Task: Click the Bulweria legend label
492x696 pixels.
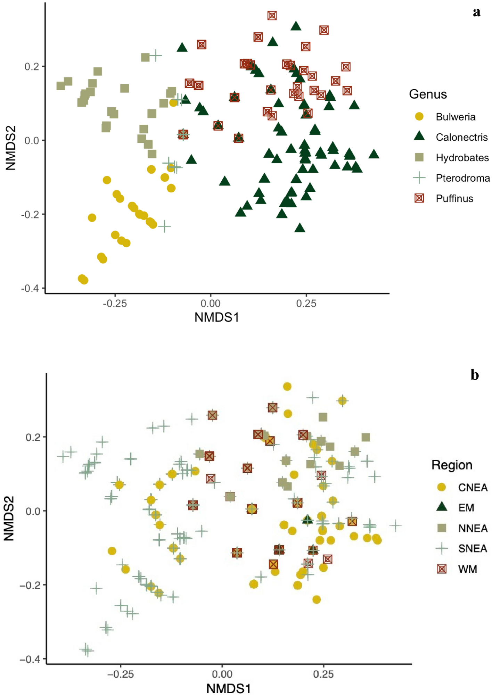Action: [x=455, y=117]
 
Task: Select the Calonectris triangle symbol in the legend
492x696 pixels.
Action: [x=419, y=136]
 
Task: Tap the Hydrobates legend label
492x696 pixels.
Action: [x=462, y=158]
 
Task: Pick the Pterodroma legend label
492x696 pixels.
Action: [x=463, y=178]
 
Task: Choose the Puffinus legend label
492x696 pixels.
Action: [x=454, y=199]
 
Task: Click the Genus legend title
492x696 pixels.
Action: [x=428, y=94]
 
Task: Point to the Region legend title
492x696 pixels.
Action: [x=452, y=465]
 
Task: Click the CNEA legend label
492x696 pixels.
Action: [x=473, y=488]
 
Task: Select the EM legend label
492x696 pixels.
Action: [x=466, y=508]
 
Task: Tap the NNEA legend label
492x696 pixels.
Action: [x=473, y=528]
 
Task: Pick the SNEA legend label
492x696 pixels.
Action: [x=472, y=549]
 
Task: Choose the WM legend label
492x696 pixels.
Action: [x=467, y=569]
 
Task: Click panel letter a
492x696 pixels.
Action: [x=477, y=13]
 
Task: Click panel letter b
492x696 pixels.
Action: [x=475, y=375]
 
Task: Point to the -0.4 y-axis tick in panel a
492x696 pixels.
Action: [x=30, y=288]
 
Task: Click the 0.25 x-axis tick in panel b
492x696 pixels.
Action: [x=323, y=674]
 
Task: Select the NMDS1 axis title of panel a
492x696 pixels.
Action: [x=217, y=317]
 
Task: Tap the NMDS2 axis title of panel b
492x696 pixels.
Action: [x=9, y=518]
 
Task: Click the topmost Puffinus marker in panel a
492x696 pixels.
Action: [x=272, y=15]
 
